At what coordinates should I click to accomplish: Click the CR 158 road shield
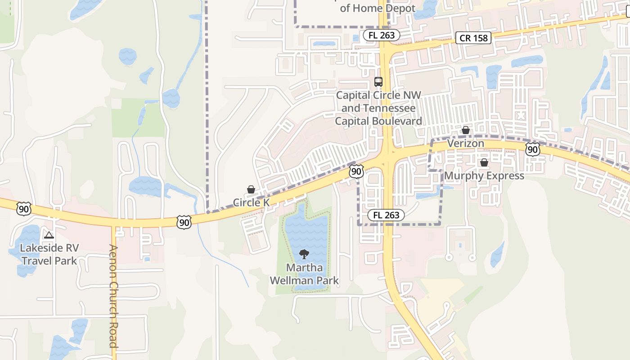pyautogui.click(x=474, y=38)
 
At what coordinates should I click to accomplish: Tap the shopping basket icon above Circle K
pyautogui.click(x=251, y=190)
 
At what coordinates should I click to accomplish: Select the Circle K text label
pyautogui.click(x=251, y=202)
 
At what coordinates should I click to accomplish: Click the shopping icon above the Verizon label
pyautogui.click(x=466, y=130)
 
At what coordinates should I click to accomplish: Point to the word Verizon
pyautogui.click(x=466, y=144)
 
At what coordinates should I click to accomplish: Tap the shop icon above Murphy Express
pyautogui.click(x=484, y=162)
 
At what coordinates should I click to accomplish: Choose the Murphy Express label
pyautogui.click(x=484, y=175)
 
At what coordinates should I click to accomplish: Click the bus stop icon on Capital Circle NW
pyautogui.click(x=378, y=82)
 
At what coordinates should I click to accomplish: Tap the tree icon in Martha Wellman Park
pyautogui.click(x=304, y=254)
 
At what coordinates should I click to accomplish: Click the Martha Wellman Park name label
pyautogui.click(x=304, y=274)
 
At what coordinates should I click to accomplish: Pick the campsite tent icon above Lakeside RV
pyautogui.click(x=49, y=235)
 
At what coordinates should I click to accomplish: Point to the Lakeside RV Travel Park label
pyautogui.click(x=49, y=254)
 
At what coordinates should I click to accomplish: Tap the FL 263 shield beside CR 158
pyautogui.click(x=382, y=35)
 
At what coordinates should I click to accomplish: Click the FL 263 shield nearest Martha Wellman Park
pyautogui.click(x=386, y=215)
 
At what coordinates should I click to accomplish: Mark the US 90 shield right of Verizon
pyautogui.click(x=532, y=149)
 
